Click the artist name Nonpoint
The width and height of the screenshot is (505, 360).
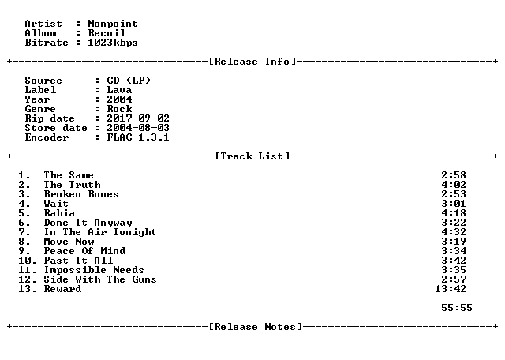pos(113,24)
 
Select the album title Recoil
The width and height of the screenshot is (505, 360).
pos(107,33)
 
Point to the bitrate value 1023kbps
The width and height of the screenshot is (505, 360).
pos(113,43)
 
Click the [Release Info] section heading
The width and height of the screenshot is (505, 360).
pos(252,62)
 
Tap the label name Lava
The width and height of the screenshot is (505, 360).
pos(119,90)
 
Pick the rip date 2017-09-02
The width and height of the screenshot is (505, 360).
pos(138,118)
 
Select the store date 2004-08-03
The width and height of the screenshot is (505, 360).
pos(138,128)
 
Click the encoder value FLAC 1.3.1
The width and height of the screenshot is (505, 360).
pos(138,137)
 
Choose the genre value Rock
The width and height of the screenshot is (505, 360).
pos(119,109)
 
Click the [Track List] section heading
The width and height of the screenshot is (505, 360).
pos(252,156)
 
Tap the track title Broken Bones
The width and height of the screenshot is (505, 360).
pos(81,194)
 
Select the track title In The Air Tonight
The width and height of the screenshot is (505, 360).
pos(100,232)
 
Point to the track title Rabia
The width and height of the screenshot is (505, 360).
pos(59,213)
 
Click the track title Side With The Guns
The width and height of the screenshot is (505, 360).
pos(100,279)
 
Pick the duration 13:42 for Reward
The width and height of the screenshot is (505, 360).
pos(451,289)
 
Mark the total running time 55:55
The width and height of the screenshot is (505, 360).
pos(457,308)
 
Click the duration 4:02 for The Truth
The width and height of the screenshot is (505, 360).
pos(454,185)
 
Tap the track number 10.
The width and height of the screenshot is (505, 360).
pos(24,261)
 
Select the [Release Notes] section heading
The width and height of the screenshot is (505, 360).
pos(256,327)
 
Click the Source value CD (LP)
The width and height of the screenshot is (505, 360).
pos(129,81)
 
